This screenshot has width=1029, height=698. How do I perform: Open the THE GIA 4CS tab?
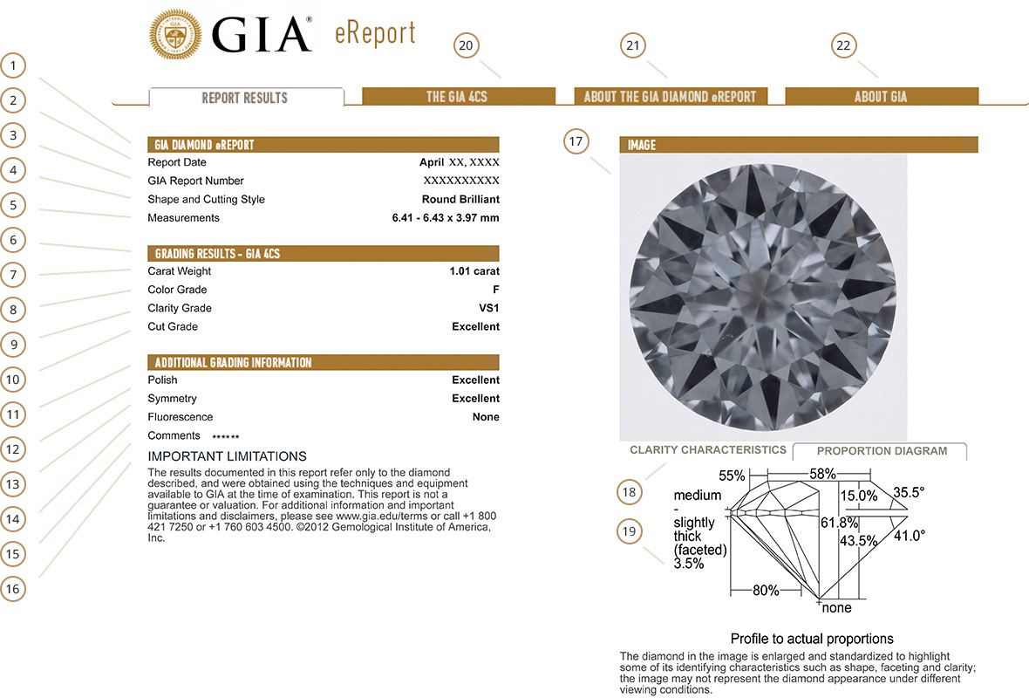pyautogui.click(x=458, y=96)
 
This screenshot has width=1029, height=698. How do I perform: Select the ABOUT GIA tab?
pyautogui.click(x=881, y=96)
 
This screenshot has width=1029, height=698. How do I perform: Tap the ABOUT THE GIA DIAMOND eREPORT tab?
pyautogui.click(x=670, y=96)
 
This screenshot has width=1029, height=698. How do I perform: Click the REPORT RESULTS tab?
pyautogui.click(x=245, y=98)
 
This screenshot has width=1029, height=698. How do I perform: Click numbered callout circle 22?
pyautogui.click(x=842, y=46)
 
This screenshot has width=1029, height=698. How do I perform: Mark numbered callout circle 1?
pyautogui.click(x=13, y=65)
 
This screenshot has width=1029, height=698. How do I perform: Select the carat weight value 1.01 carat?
pyautogui.click(x=474, y=271)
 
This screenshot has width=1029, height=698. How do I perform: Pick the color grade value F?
pyautogui.click(x=495, y=290)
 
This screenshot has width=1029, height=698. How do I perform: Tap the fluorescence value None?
pyautogui.click(x=486, y=417)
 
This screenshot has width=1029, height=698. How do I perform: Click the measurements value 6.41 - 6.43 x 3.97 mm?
pyautogui.click(x=446, y=217)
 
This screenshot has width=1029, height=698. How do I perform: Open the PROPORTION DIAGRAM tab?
pyautogui.click(x=881, y=451)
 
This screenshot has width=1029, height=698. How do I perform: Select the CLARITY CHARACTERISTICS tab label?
pyautogui.click(x=707, y=450)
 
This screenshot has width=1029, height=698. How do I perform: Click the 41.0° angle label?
pyautogui.click(x=910, y=536)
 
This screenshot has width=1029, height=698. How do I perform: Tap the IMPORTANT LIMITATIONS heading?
pyautogui.click(x=227, y=456)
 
